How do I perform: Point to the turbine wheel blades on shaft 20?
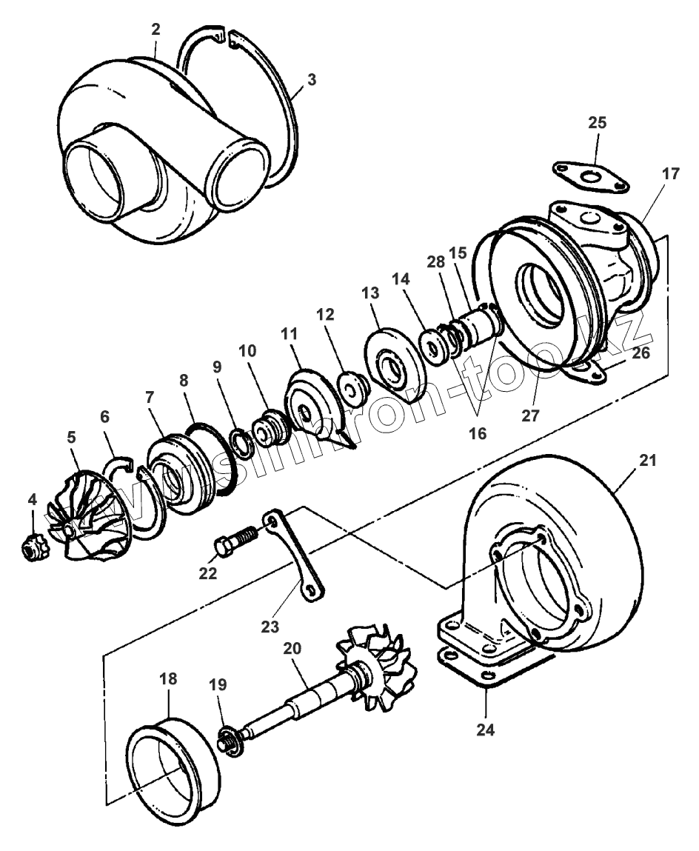pyautogui.click(x=377, y=659)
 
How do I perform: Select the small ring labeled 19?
pyautogui.click(x=228, y=741)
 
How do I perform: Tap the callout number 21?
pyautogui.click(x=648, y=460)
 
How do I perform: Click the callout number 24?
pyautogui.click(x=484, y=729)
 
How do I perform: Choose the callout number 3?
pyautogui.click(x=312, y=79)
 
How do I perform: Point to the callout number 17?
pyautogui.click(x=670, y=175)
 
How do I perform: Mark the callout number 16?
pyautogui.click(x=478, y=433)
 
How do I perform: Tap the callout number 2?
pyautogui.click(x=155, y=29)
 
